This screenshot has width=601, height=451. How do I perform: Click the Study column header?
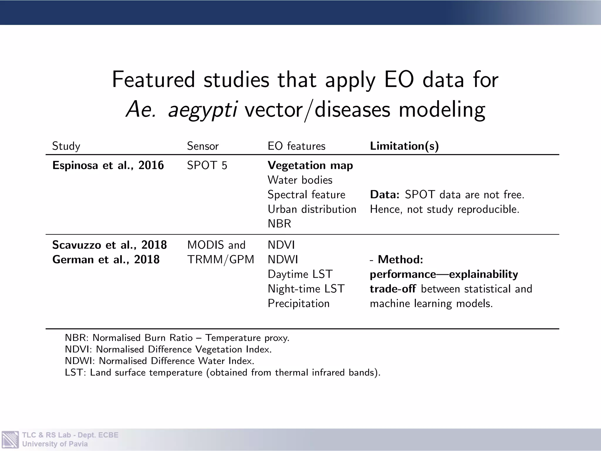pos(66,146)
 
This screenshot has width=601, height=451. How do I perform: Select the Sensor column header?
pos(203,146)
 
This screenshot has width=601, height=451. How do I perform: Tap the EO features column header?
pos(296,146)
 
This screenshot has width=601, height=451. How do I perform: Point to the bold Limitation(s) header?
pos(404,146)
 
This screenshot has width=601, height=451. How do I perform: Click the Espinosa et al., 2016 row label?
pos(108,166)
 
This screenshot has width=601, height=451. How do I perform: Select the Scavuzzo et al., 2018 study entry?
pos(109,245)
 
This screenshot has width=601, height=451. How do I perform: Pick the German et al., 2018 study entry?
pos(106,260)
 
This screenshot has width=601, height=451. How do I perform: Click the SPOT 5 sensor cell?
pos(207,166)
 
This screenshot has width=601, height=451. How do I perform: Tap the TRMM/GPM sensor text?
pos(220,260)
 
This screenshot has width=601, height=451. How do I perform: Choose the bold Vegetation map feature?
pos(310,166)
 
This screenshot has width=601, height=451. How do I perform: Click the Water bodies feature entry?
pos(300,180)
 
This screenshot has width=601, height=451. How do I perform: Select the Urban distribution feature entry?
pos(312,209)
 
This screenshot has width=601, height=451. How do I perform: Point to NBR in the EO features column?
pos(279,224)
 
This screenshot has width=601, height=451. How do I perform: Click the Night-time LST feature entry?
pos(306,289)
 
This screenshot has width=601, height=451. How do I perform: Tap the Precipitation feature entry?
pos(298,304)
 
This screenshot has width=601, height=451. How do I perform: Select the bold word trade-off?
pos(393,289)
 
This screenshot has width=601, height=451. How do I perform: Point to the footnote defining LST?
pos(222,372)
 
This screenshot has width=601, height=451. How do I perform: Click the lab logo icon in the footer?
pos(10,439)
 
